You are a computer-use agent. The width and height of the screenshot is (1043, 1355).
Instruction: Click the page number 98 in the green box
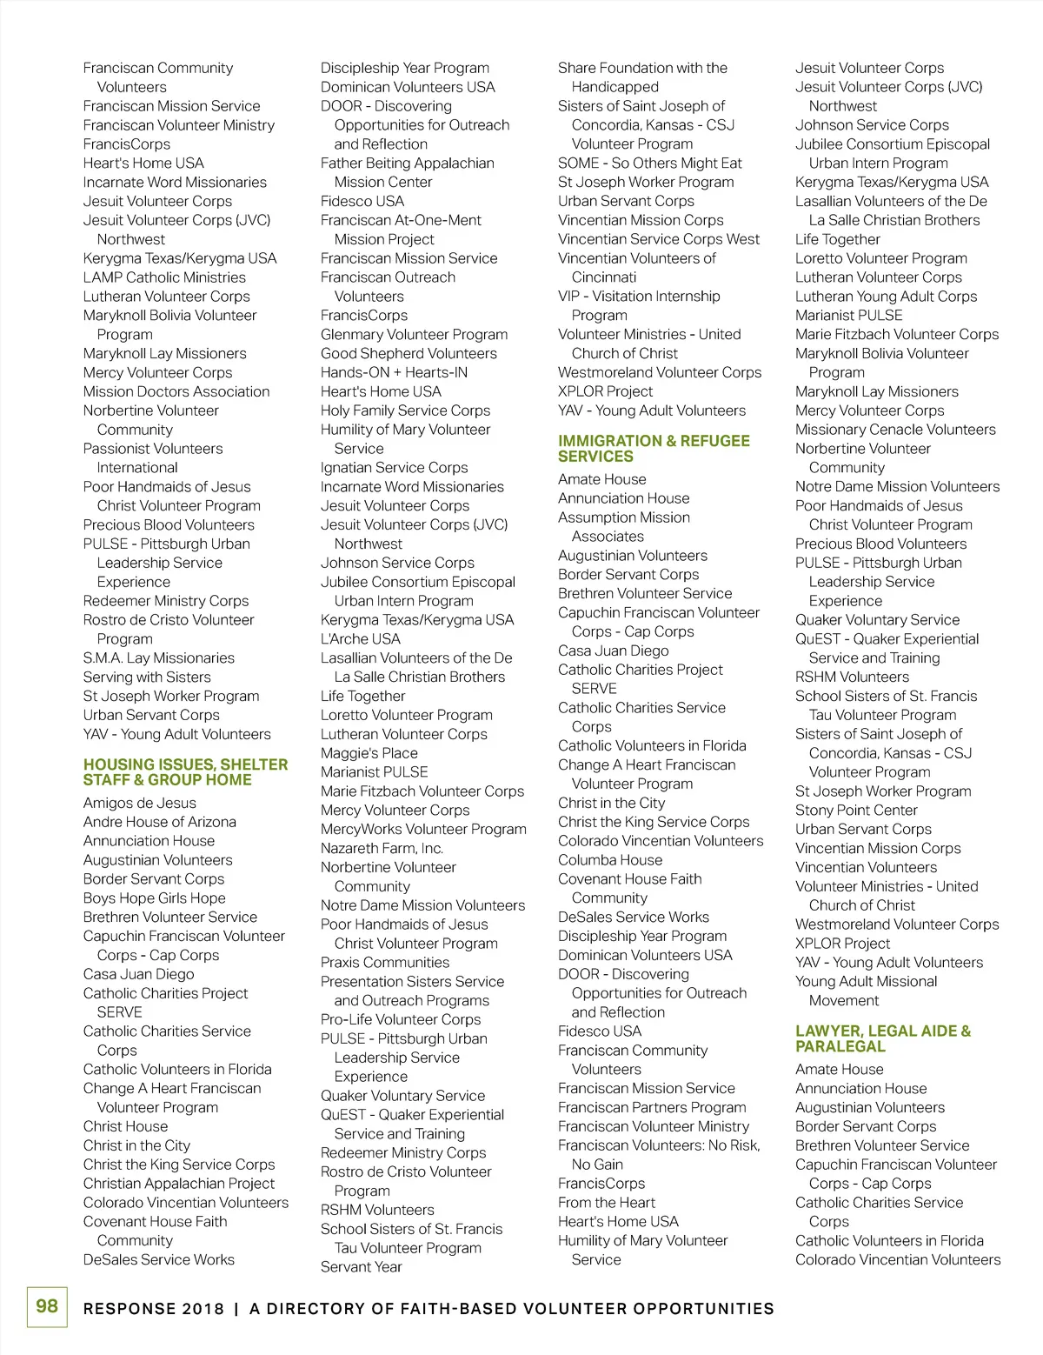[47, 1306]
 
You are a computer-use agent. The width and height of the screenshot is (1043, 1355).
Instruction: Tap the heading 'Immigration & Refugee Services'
[654, 449]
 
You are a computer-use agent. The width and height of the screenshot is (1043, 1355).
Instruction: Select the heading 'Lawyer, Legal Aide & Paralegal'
[882, 1038]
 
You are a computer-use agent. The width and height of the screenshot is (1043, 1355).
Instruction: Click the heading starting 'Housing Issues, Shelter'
[185, 772]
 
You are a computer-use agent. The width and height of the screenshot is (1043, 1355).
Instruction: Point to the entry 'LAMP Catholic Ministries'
[164, 277]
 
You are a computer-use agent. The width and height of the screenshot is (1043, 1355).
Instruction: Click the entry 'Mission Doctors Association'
[176, 391]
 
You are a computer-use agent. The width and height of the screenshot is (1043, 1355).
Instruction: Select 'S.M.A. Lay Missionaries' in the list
[159, 658]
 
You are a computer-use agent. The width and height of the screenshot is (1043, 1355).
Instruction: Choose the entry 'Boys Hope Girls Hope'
[155, 898]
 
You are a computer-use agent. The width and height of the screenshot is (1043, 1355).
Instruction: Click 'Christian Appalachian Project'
[179, 1184]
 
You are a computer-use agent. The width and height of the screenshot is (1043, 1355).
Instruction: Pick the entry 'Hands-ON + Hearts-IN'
[394, 372]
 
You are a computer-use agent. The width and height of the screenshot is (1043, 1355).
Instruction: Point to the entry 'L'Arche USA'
[361, 639]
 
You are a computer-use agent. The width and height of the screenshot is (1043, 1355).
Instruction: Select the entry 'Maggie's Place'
[369, 753]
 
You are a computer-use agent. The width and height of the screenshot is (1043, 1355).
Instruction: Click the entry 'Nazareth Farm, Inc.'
[382, 848]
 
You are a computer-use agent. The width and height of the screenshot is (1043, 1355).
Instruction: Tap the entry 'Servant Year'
[362, 1267]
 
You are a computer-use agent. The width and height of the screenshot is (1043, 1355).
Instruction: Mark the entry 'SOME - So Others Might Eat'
[650, 163]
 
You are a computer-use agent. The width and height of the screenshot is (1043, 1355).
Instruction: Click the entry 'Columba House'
[610, 860]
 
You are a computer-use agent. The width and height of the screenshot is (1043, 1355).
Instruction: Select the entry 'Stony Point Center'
[856, 810]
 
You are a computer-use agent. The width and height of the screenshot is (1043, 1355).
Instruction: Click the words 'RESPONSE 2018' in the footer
[154, 1309]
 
